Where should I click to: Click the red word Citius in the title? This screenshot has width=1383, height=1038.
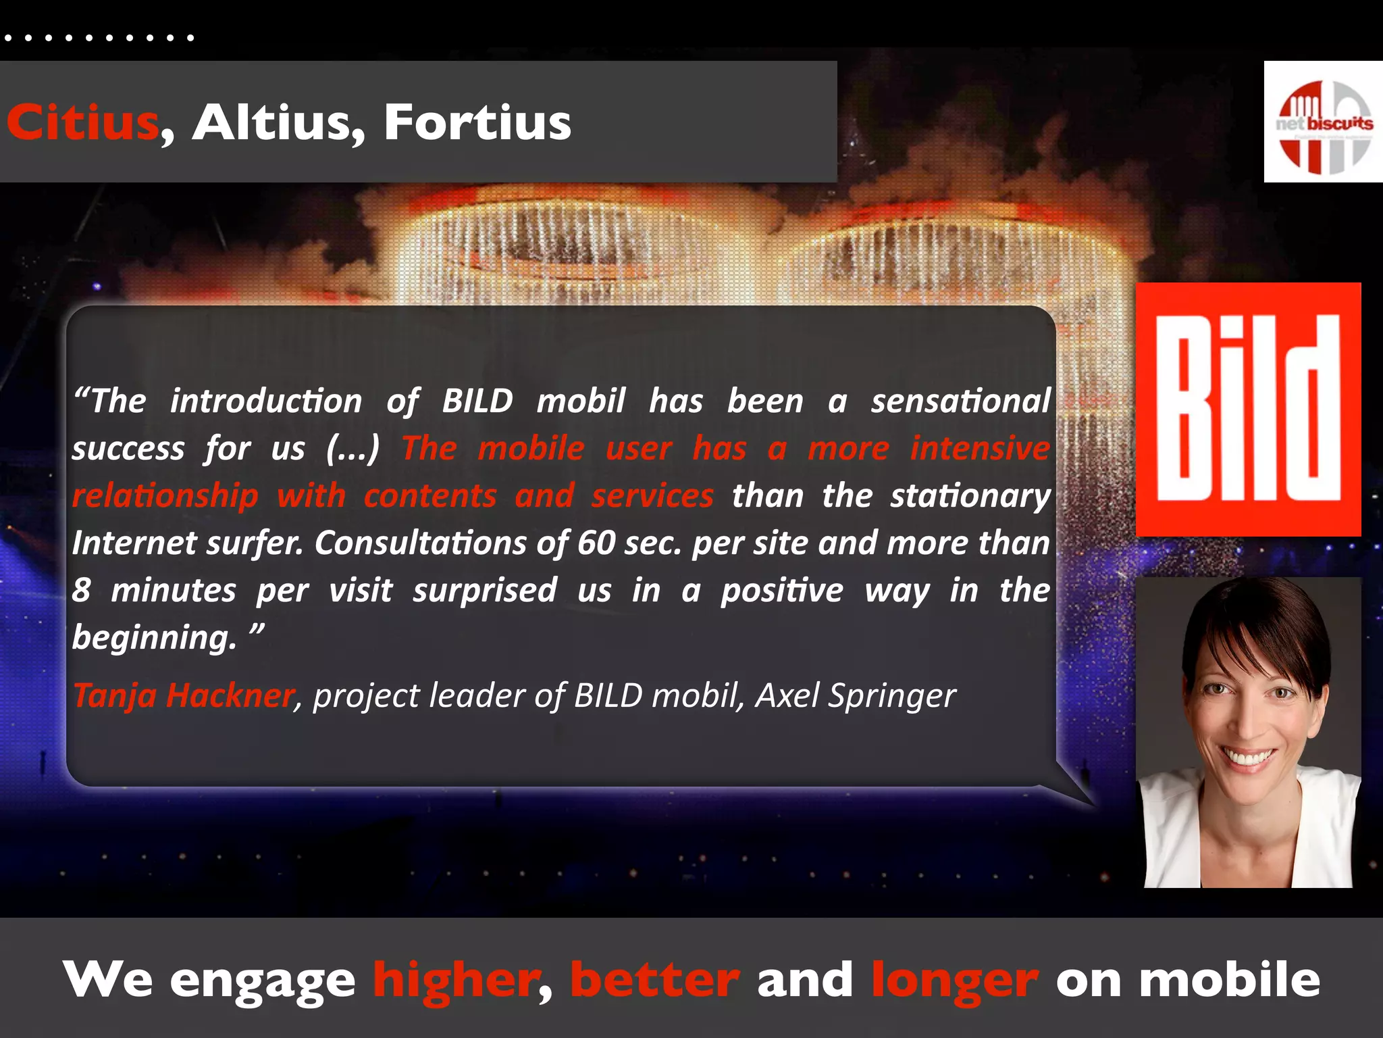82,122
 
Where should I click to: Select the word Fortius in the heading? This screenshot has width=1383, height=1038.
477,122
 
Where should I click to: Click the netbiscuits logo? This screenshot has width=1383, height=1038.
1323,122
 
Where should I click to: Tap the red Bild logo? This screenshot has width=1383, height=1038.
1248,410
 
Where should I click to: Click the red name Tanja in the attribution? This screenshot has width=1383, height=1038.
115,695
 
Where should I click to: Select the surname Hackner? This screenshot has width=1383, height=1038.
230,695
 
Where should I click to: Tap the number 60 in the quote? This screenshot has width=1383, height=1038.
596,543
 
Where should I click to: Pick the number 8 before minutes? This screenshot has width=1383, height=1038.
82,590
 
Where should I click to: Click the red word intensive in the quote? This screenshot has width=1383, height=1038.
979,448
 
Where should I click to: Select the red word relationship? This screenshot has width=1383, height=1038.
165,496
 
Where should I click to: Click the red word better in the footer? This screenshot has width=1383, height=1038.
654,980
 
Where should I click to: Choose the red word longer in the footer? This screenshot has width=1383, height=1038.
954,980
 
